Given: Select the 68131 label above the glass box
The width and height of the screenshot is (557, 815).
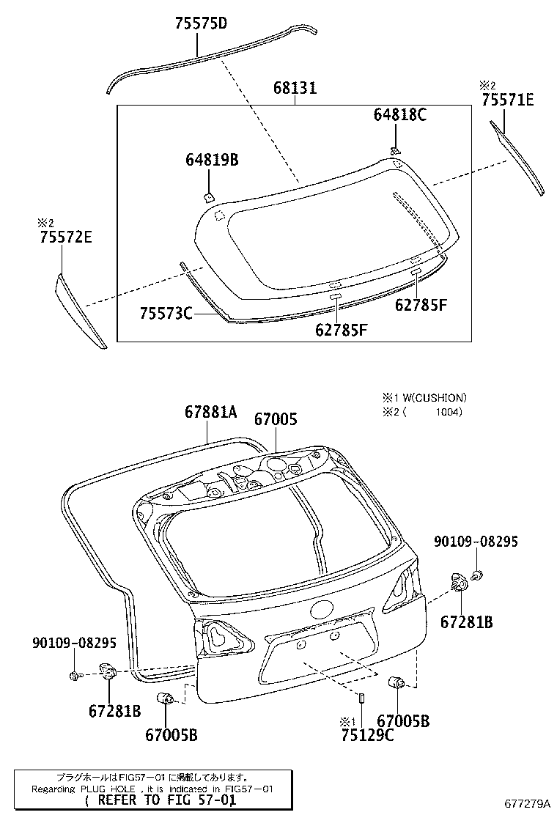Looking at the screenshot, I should [295, 88].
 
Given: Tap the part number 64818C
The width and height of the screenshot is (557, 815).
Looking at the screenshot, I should [399, 114].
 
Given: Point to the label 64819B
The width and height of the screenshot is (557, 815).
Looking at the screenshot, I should [213, 160].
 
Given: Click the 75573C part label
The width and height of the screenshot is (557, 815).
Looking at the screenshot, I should [166, 314].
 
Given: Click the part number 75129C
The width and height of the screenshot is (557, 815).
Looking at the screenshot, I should [366, 735].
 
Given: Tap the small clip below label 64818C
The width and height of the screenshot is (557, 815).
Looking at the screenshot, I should [395, 150].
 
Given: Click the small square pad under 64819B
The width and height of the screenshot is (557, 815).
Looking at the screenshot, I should [208, 196].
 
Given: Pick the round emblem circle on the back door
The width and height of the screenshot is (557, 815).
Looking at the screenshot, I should [322, 610].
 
